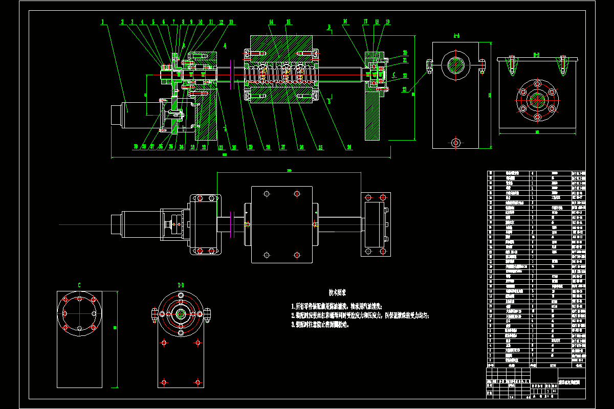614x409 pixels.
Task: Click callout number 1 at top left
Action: [103, 22]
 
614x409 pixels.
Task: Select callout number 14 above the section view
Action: [271, 22]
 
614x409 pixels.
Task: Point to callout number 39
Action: [136, 147]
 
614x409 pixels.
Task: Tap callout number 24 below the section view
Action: [349, 147]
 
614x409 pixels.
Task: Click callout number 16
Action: [345, 22]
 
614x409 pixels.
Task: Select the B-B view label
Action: [537, 53]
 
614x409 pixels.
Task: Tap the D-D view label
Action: [181, 284]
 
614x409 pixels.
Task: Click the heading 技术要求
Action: [337, 292]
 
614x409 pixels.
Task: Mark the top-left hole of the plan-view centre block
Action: [266, 194]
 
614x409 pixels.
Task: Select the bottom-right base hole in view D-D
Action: [198, 381]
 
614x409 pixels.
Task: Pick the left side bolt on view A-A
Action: [429, 65]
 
